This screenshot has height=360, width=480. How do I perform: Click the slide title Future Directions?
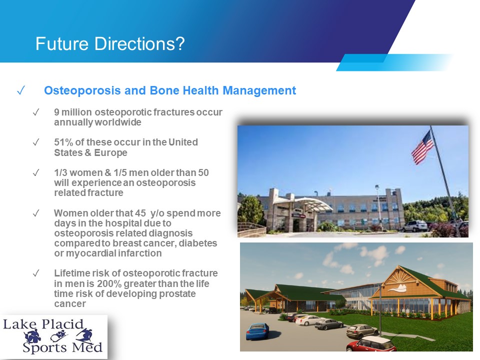click(x=110, y=44)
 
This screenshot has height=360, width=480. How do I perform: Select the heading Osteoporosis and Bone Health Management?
click(x=170, y=90)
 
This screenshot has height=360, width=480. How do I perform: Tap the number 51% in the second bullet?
click(x=63, y=142)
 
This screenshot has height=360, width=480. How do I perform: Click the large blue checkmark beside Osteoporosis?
click(x=21, y=90)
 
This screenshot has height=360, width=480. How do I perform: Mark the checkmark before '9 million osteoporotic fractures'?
click(x=36, y=112)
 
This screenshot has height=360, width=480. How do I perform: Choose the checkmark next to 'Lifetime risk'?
click(x=36, y=273)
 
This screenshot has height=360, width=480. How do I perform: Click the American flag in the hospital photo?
click(x=422, y=147)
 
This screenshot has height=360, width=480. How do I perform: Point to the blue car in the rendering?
click(x=258, y=332)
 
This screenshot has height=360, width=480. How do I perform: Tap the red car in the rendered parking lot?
click(x=371, y=344)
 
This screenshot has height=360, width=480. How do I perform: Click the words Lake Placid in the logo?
click(x=43, y=324)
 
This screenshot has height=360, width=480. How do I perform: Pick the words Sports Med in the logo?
click(x=62, y=347)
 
